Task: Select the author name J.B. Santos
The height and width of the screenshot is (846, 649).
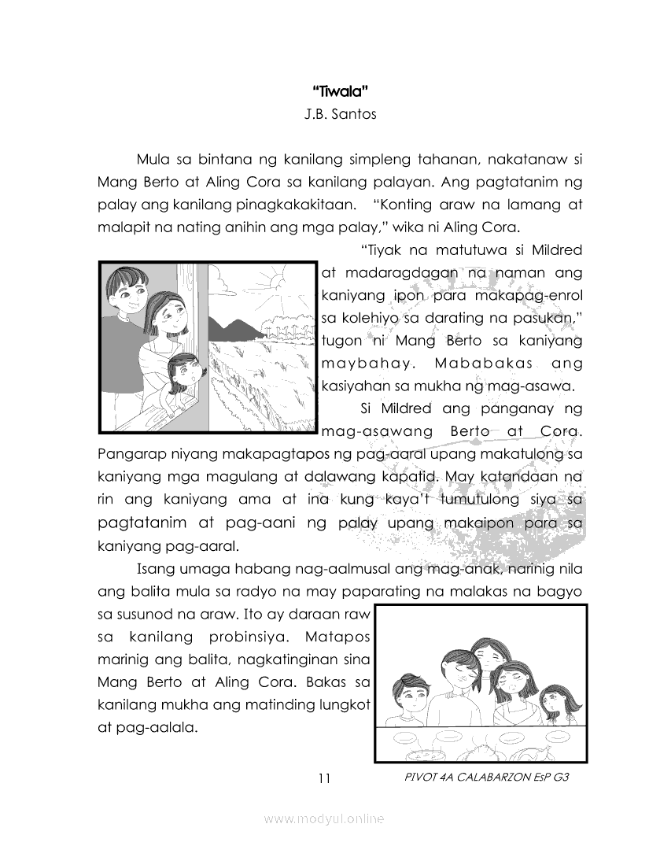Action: tap(340, 114)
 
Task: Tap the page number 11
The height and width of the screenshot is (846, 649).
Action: tap(324, 779)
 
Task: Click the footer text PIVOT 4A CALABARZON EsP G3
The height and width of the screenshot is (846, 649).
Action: tap(485, 778)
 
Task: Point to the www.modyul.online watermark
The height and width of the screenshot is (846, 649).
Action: tap(324, 819)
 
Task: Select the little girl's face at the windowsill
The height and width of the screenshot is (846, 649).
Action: tap(184, 370)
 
